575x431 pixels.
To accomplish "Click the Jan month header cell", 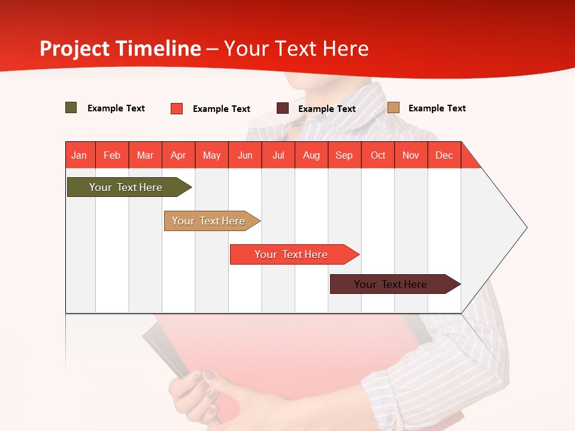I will pyautogui.click(x=79, y=155).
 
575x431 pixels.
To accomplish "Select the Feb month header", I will pyautogui.click(x=112, y=155).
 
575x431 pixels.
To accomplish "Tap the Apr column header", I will pyautogui.click(x=178, y=155).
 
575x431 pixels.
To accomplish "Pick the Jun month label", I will pyautogui.click(x=245, y=155).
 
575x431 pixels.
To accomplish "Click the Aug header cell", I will pyautogui.click(x=311, y=155).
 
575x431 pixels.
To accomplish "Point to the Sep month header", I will pyautogui.click(x=344, y=155).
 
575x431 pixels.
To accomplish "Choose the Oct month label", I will pyautogui.click(x=378, y=155).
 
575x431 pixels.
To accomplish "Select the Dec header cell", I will pyautogui.click(x=444, y=155).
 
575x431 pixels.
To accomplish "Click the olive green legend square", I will pyautogui.click(x=71, y=108).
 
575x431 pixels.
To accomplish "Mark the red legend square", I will pyautogui.click(x=177, y=108).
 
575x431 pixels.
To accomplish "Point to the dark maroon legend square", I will pyautogui.click(x=283, y=108).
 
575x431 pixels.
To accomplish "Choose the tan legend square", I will pyautogui.click(x=394, y=108).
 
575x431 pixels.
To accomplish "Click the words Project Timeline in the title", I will pyautogui.click(x=120, y=48).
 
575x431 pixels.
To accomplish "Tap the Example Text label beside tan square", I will pyautogui.click(x=437, y=108).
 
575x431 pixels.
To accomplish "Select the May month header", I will pyautogui.click(x=211, y=155).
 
